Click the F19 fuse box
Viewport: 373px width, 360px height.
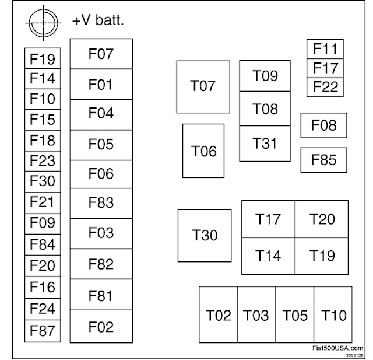42,58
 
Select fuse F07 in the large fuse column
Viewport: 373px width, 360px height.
101,54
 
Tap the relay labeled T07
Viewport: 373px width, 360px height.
203,87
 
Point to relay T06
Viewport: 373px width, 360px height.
204,151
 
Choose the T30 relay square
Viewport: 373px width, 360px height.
205,236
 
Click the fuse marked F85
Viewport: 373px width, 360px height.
323,160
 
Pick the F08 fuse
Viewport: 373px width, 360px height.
323,125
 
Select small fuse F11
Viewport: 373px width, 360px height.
325,48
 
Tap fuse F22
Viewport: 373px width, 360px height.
325,88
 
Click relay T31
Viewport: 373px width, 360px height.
265,144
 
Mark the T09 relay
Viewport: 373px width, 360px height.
265,76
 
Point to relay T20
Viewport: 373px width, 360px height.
322,219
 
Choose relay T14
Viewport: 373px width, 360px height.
268,256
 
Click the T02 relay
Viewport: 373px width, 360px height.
218,315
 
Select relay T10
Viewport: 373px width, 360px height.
334,315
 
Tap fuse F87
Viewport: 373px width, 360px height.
42,331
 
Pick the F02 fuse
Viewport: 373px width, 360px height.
101,327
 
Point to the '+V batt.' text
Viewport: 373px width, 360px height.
98,21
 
